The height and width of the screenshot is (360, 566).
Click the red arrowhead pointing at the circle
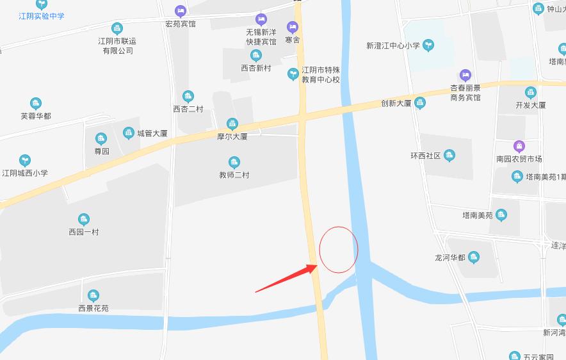(x=312, y=267)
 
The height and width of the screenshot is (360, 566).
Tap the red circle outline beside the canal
(x=339, y=249)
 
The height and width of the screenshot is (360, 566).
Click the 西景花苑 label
(x=93, y=308)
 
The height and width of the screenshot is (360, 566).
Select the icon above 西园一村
(x=84, y=219)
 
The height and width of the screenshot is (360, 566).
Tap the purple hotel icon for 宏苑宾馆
(x=181, y=11)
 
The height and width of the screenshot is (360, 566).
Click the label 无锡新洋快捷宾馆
(x=261, y=37)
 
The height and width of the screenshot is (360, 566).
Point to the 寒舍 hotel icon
(x=293, y=27)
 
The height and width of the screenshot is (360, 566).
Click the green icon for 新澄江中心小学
(x=430, y=45)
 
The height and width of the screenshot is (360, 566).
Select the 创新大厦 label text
(x=396, y=103)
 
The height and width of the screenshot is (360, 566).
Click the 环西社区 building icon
(x=449, y=155)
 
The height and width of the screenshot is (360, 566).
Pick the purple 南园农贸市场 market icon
(x=519, y=146)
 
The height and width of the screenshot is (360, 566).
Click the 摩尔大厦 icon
(x=232, y=124)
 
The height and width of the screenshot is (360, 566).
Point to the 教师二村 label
(x=234, y=175)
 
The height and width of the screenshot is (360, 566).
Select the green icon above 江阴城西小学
(x=25, y=160)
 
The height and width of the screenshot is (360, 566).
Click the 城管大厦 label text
(x=152, y=134)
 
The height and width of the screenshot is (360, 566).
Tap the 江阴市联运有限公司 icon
(x=117, y=28)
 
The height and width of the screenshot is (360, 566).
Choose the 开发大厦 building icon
(x=531, y=92)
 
